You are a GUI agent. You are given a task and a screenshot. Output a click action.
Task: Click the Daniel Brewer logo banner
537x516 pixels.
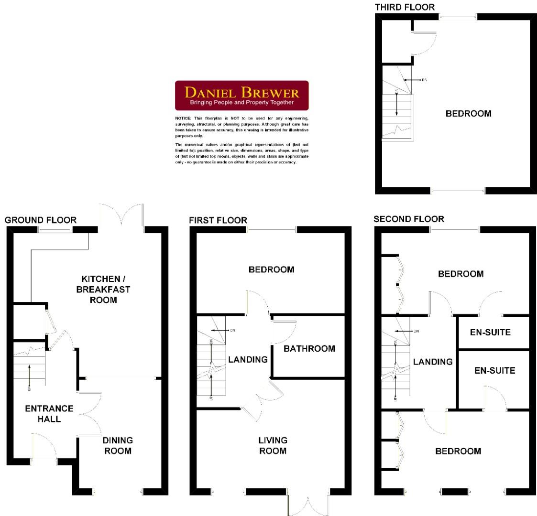[x=241, y=96]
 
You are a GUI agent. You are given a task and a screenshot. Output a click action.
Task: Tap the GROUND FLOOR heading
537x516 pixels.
[x=40, y=220]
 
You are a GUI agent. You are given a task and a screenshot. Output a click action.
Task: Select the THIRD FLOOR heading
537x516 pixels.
[x=405, y=7]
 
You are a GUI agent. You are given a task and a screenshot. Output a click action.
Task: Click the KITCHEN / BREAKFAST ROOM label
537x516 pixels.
[x=106, y=289]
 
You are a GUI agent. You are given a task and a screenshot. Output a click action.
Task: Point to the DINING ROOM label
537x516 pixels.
[x=118, y=445]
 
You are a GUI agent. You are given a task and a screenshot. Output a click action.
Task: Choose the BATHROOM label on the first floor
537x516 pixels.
[x=309, y=349]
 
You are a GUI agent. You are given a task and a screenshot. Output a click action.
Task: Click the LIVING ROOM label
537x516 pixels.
[x=273, y=445]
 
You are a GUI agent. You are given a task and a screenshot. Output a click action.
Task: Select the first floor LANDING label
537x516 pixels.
[x=248, y=359]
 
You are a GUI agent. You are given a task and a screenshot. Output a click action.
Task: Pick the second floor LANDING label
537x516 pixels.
[x=433, y=362]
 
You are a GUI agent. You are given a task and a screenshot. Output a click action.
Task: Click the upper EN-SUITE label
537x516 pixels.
[x=490, y=333]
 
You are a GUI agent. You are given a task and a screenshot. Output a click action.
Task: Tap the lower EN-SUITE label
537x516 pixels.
[x=494, y=370]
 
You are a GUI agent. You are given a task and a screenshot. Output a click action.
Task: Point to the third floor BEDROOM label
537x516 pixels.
[x=468, y=114]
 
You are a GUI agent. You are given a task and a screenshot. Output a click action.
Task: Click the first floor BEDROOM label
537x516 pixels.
[x=271, y=270]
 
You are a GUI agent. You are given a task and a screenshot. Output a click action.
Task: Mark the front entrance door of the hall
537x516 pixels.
[x=44, y=447]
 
